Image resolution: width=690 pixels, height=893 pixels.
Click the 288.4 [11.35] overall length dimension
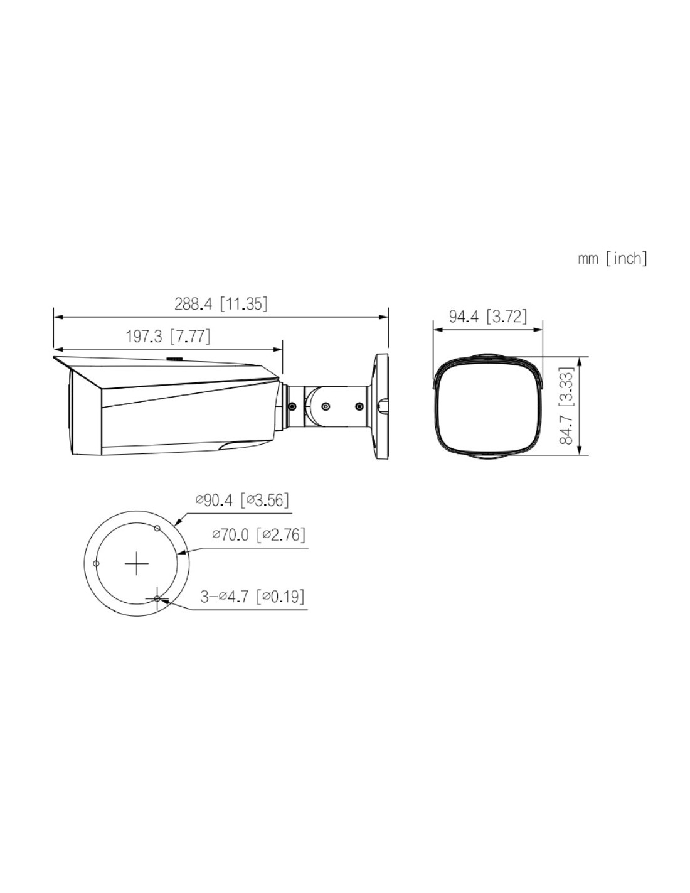(x=221, y=304)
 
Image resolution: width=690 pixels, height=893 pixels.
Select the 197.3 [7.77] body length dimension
(x=168, y=336)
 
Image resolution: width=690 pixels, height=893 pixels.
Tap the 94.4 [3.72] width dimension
(x=487, y=317)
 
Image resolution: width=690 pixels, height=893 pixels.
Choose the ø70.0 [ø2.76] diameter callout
(x=258, y=534)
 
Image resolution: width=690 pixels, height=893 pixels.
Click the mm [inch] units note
(x=612, y=259)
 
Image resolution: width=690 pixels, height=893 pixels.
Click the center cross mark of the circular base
(x=136, y=563)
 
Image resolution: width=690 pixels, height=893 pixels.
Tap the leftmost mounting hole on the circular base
(x=96, y=563)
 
